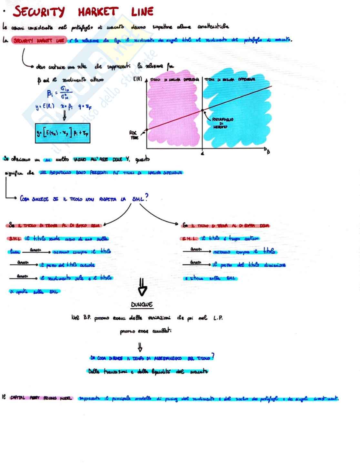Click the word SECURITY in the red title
(x=39, y=12)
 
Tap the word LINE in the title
(x=142, y=12)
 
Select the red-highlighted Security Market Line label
(x=39, y=41)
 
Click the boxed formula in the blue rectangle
(x=62, y=133)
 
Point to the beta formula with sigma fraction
(x=59, y=94)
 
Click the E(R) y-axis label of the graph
(x=138, y=79)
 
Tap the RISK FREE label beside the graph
(x=134, y=135)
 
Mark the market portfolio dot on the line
(x=203, y=110)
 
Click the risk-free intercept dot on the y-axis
(x=147, y=130)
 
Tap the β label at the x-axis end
(x=268, y=151)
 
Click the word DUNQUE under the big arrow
(x=142, y=304)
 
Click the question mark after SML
(x=146, y=197)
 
